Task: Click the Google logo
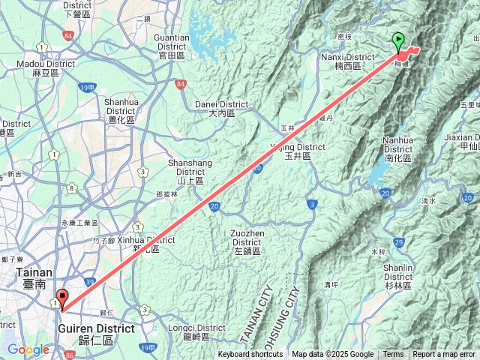tap(28, 349)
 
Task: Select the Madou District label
tap(46, 68)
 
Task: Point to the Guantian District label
tap(171, 41)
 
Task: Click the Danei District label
tap(215, 108)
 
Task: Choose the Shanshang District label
tap(190, 167)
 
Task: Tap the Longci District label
tap(196, 332)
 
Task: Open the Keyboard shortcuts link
tap(251, 355)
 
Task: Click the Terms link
tap(393, 355)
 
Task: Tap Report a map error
tap(444, 355)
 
